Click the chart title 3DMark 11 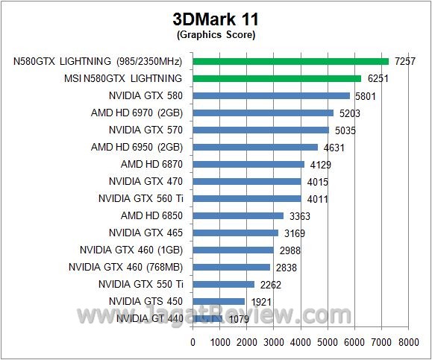click(x=216, y=18)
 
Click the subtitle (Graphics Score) click(x=216, y=34)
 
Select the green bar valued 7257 click(x=291, y=61)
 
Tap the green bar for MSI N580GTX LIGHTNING click(x=277, y=78)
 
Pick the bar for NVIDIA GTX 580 click(x=271, y=95)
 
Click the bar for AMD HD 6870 click(x=248, y=164)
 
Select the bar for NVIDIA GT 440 click(x=207, y=318)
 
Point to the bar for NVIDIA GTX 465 click(x=236, y=233)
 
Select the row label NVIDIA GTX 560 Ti click(x=140, y=198)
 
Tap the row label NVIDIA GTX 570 click(x=145, y=130)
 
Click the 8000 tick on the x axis click(x=408, y=343)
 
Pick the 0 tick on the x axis click(x=193, y=343)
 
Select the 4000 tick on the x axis click(x=301, y=343)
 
